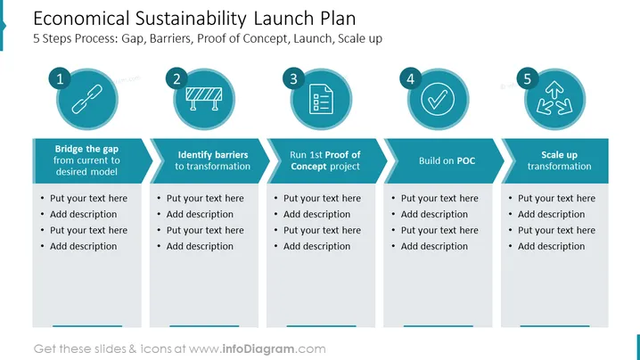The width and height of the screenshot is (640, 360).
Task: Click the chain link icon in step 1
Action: pos(87,99)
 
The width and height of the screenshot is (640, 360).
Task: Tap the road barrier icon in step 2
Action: pos(203,98)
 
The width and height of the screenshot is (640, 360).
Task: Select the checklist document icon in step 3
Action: pos(321,99)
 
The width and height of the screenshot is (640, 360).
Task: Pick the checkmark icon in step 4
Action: pos(438,99)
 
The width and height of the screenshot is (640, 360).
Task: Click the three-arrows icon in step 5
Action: pos(554,98)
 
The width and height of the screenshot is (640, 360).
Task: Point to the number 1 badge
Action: pos(60,78)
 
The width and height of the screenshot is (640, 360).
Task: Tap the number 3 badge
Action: pos(293,78)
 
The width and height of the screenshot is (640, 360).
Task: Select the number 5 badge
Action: pos(528,78)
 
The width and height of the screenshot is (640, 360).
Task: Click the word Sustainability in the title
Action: pos(191,19)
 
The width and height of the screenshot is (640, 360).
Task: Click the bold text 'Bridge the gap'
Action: pos(86,149)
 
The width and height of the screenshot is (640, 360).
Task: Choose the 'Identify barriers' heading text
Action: pos(213,155)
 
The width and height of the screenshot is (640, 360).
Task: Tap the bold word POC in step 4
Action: pos(466,160)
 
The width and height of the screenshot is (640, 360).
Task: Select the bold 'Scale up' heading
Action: pos(559,155)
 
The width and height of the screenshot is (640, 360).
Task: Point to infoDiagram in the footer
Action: pos(258,349)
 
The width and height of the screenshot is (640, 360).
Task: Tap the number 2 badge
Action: pos(176,78)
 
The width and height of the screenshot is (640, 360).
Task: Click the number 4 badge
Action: pos(411,78)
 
